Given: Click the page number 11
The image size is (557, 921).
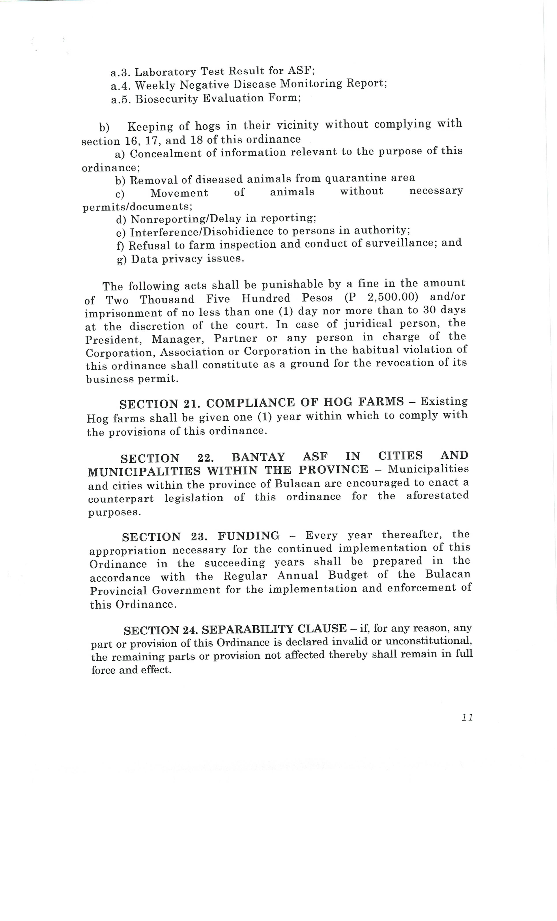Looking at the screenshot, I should click(467, 717).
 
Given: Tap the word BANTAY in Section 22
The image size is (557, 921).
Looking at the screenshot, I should click(258, 457).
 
